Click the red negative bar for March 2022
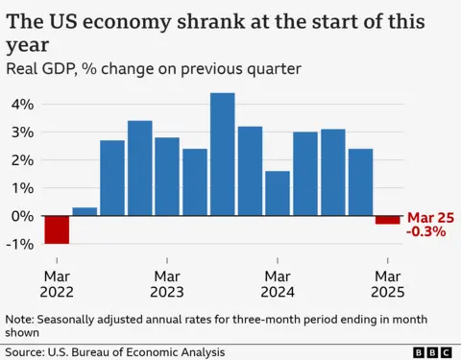pos(57,229)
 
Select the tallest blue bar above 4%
pos(223,154)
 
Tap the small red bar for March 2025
pos(388,220)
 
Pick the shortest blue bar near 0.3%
pos(85,211)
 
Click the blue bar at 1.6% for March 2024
pos(278,193)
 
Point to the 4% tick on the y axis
pos(21,104)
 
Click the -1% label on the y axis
pos(19,244)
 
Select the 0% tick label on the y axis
pos(21,216)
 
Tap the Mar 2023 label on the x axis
pos(167,284)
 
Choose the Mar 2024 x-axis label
pos(278,284)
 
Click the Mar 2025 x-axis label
pos(388,284)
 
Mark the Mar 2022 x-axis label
pos(57,284)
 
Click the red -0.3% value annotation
pos(426,231)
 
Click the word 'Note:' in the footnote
pos(22,320)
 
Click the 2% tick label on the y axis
pos(21,159)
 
